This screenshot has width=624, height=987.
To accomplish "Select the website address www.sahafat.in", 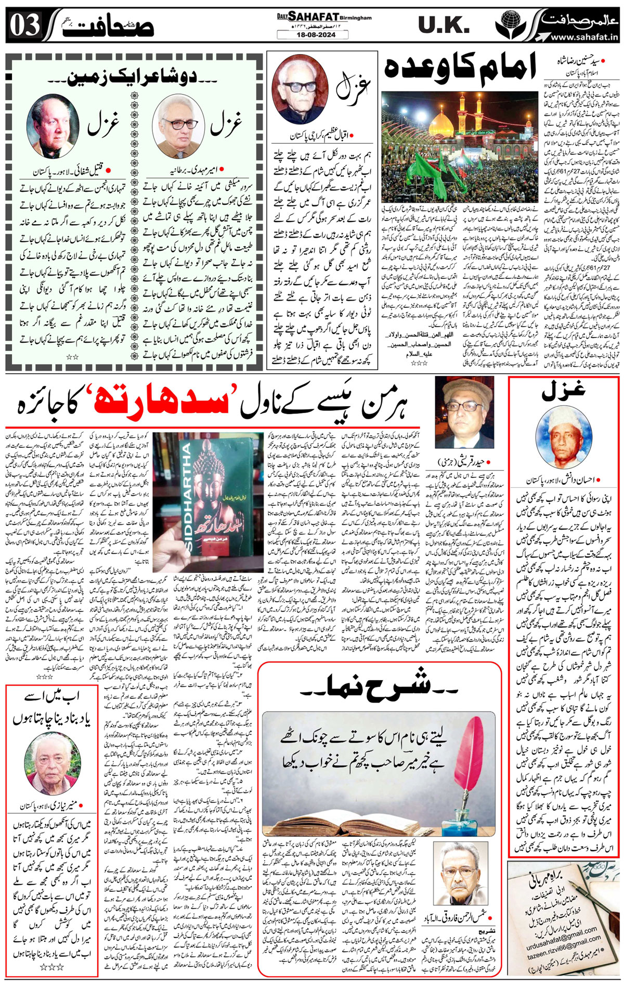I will [583, 37].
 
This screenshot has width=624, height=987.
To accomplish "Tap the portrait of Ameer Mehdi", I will [178, 126].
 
